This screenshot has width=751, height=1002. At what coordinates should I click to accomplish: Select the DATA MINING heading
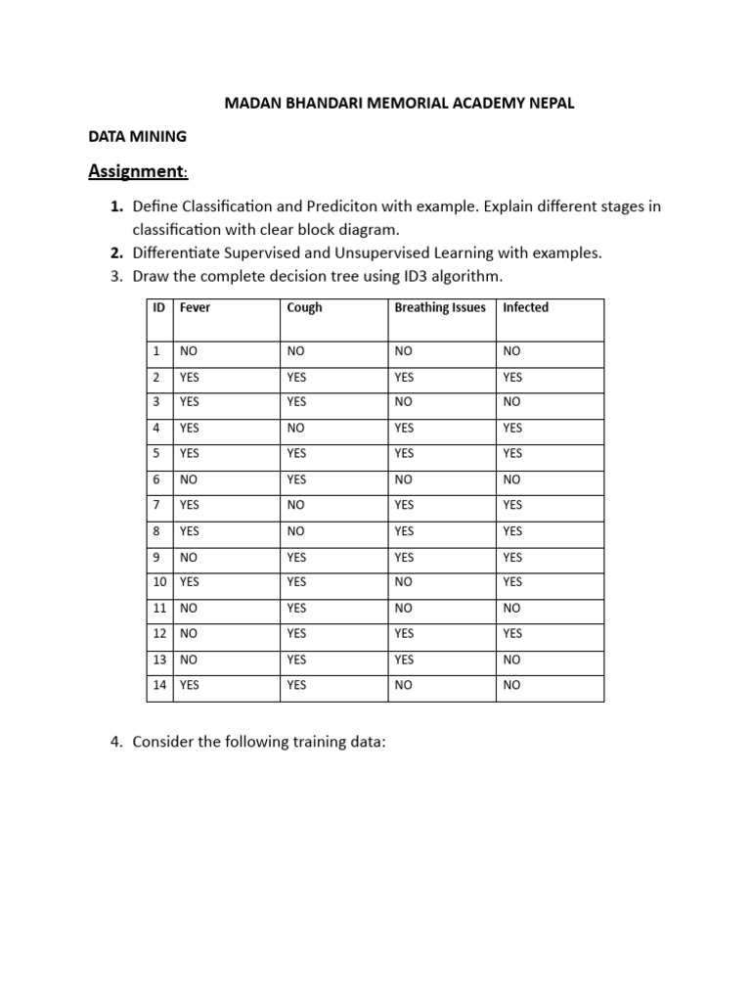coord(137,137)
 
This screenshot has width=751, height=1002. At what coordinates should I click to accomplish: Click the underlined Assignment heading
coord(136,172)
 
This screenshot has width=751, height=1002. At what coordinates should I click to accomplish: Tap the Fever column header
coord(195,307)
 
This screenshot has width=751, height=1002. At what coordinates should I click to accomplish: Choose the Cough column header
coord(304,307)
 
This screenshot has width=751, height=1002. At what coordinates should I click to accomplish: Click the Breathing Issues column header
coord(439,307)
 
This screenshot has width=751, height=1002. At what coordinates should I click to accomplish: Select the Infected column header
coord(525,307)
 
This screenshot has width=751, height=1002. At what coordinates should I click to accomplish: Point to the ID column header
coord(158,307)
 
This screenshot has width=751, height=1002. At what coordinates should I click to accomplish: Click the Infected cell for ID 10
coord(512,582)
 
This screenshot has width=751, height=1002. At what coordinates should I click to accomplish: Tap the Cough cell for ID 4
coord(295,428)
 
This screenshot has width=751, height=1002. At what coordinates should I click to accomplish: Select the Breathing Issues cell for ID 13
coord(404,660)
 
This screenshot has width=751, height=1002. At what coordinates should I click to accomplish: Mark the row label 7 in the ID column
coord(155,505)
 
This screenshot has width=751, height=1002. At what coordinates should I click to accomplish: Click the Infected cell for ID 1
coord(511,351)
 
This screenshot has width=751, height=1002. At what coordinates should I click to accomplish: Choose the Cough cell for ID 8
coord(295,531)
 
